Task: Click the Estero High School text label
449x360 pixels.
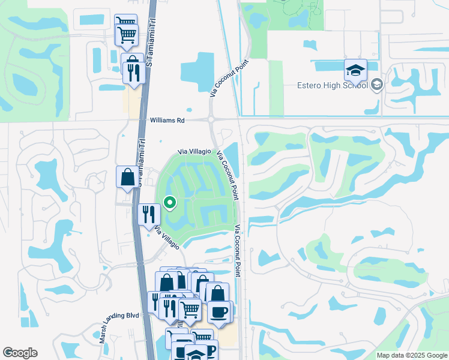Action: (332, 85)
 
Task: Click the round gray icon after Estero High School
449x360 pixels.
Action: (377, 85)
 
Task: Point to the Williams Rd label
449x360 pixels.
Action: (167, 120)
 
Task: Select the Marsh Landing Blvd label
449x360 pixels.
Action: (119, 327)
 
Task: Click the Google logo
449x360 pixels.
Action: (20, 353)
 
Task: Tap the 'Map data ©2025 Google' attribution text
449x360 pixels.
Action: (411, 355)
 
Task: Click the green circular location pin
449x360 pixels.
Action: (170, 203)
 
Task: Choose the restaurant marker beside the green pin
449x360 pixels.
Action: (148, 214)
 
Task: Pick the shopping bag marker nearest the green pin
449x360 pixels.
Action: (127, 177)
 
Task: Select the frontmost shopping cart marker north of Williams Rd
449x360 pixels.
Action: (127, 35)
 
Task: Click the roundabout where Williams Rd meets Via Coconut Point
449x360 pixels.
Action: (211, 120)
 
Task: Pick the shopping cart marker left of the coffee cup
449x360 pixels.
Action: (190, 310)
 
